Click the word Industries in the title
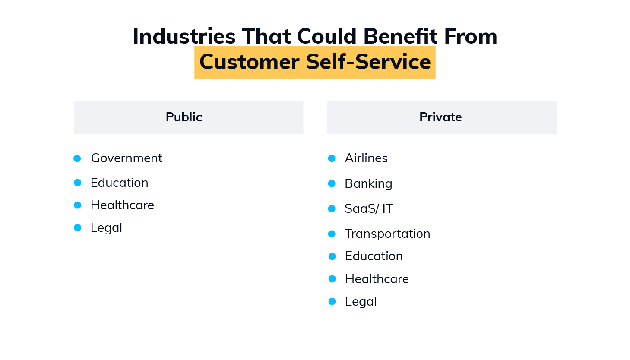pyautogui.click(x=184, y=36)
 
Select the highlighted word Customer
pyautogui.click(x=250, y=62)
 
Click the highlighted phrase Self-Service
pyautogui.click(x=368, y=62)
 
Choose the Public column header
pyautogui.click(x=184, y=117)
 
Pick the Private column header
pyautogui.click(x=440, y=117)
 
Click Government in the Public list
pyautogui.click(x=127, y=158)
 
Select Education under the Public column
pyautogui.click(x=120, y=183)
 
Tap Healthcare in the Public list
pyautogui.click(x=122, y=205)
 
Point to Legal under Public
pyautogui.click(x=106, y=228)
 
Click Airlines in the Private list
pyautogui.click(x=366, y=158)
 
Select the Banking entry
pyautogui.click(x=368, y=184)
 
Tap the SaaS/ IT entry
pyautogui.click(x=369, y=208)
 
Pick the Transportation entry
pyautogui.click(x=388, y=234)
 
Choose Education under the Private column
pyautogui.click(x=374, y=256)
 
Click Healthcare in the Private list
pyautogui.click(x=377, y=279)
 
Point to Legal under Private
pyautogui.click(x=361, y=302)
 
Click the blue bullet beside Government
pyautogui.click(x=77, y=158)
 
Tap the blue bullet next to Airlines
pyautogui.click(x=332, y=158)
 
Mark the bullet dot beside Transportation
pyautogui.click(x=332, y=234)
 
